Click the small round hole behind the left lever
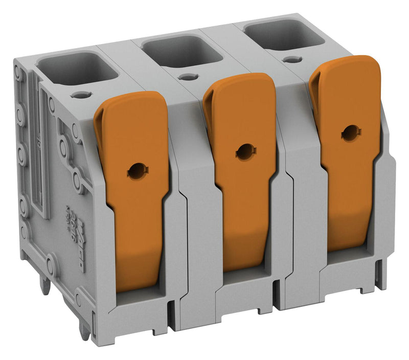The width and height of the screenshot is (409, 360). [x=79, y=95]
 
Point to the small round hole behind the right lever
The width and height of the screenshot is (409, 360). [x=292, y=60]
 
